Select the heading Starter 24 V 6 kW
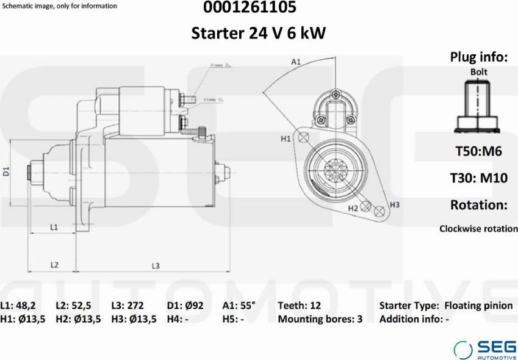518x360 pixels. point(259,33)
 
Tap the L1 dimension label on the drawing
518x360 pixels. point(54,227)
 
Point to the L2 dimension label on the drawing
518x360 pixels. point(54,265)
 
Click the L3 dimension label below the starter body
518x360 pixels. point(156,265)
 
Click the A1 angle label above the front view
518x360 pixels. point(296,62)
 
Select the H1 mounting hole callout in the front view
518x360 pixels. point(286,139)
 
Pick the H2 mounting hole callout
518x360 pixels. point(353,208)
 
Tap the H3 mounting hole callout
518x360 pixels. point(394,204)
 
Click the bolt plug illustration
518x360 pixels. point(478,108)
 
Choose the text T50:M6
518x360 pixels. point(479,151)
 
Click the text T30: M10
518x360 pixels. point(479,178)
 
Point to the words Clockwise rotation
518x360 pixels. point(478,229)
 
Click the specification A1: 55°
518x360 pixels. point(239,306)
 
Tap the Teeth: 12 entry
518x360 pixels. point(299,306)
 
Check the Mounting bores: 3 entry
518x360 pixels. point(320,319)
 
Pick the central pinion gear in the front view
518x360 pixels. point(334,166)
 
